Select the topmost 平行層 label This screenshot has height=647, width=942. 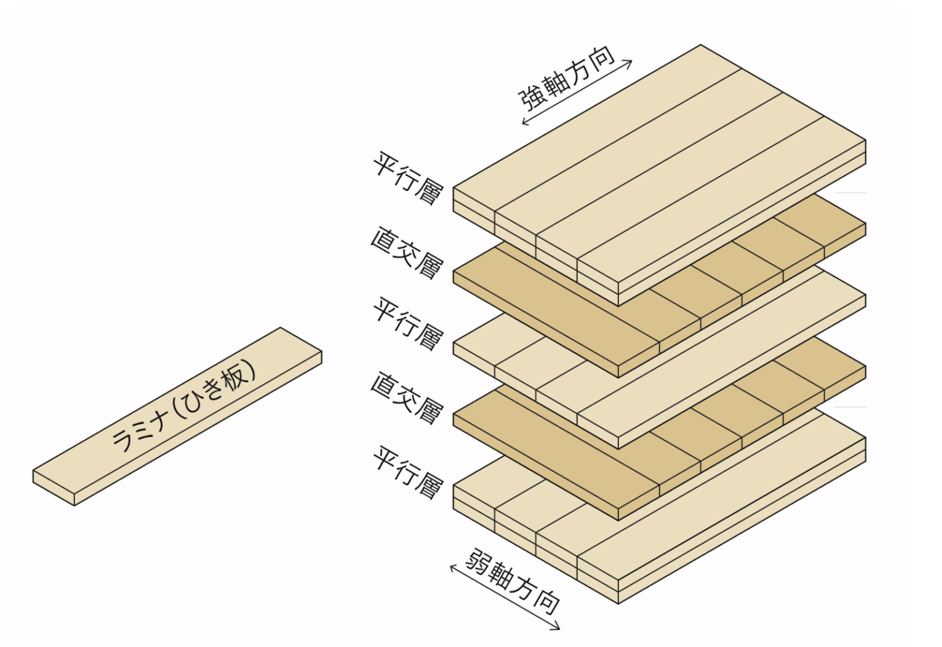tap(408, 178)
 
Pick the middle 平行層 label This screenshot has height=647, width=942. tap(408, 323)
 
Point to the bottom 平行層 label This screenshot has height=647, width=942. tap(408, 472)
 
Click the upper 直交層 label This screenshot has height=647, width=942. tap(407, 253)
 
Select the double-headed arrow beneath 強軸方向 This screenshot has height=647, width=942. tap(576, 92)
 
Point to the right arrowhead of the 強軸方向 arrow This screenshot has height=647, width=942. tap(630, 61)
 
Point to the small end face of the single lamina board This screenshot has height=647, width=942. tap(54, 488)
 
